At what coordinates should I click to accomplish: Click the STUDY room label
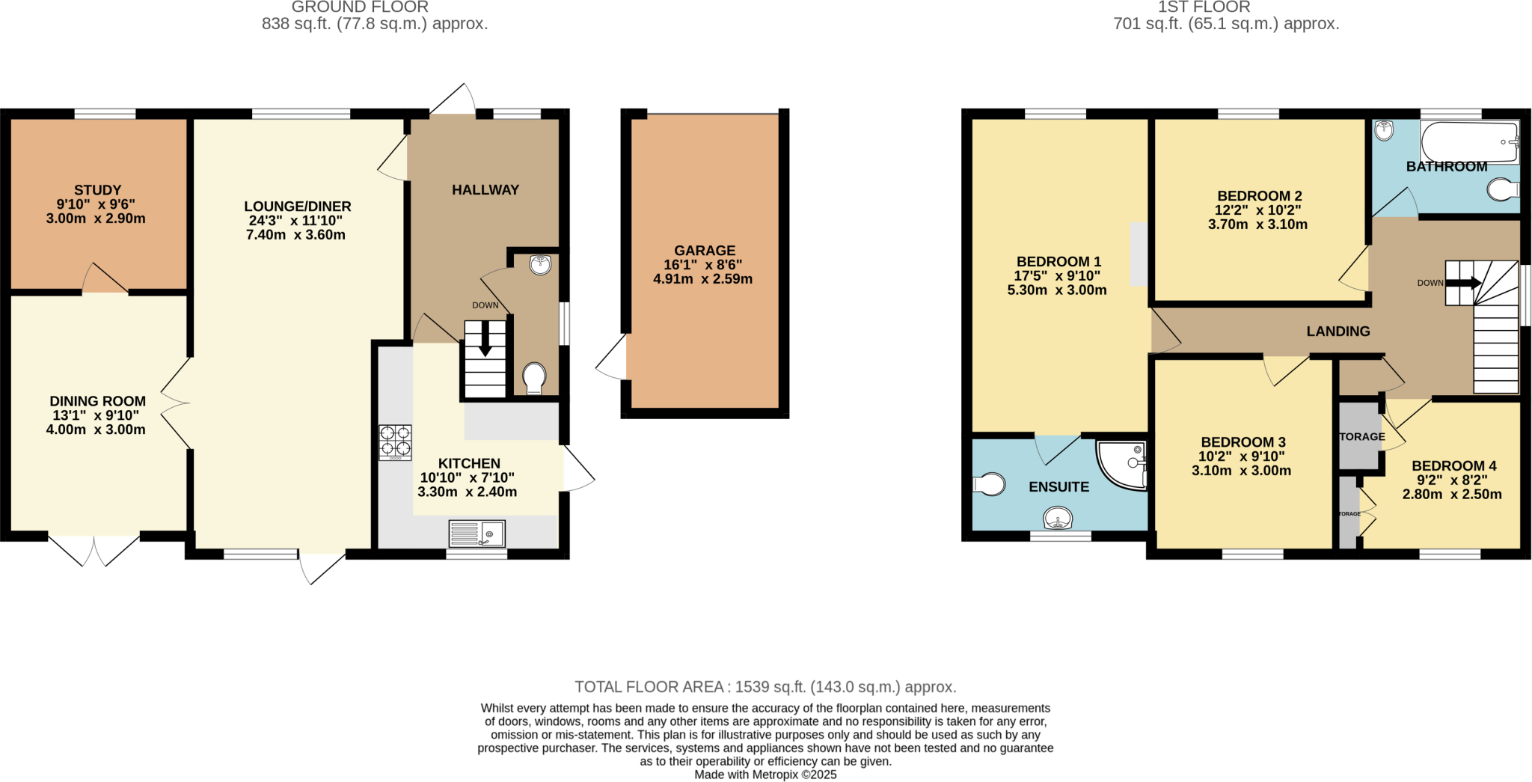pyautogui.click(x=97, y=190)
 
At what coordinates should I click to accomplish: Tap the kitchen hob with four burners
pyautogui.click(x=395, y=442)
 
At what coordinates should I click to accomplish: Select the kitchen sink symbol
pyautogui.click(x=477, y=534)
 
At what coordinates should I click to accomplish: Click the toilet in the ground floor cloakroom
pyautogui.click(x=534, y=377)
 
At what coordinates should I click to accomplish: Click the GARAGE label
pyautogui.click(x=705, y=251)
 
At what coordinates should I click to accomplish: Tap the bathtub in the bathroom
pyautogui.click(x=1469, y=141)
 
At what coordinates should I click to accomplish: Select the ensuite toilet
pyautogui.click(x=989, y=484)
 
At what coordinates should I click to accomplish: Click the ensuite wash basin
pyautogui.click(x=1058, y=517)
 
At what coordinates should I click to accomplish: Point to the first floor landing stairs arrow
pyautogui.click(x=1463, y=283)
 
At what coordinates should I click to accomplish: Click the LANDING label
pyautogui.click(x=1338, y=331)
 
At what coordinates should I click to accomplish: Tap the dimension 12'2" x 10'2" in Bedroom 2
pyautogui.click(x=1258, y=210)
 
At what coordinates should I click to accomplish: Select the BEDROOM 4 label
pyautogui.click(x=1453, y=465)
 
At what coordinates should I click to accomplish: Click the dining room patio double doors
pyautogui.click(x=95, y=549)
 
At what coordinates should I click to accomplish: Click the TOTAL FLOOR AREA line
pyautogui.click(x=765, y=687)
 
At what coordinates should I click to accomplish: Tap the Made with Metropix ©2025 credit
pyautogui.click(x=765, y=775)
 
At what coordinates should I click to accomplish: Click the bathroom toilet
pyautogui.click(x=1502, y=190)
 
